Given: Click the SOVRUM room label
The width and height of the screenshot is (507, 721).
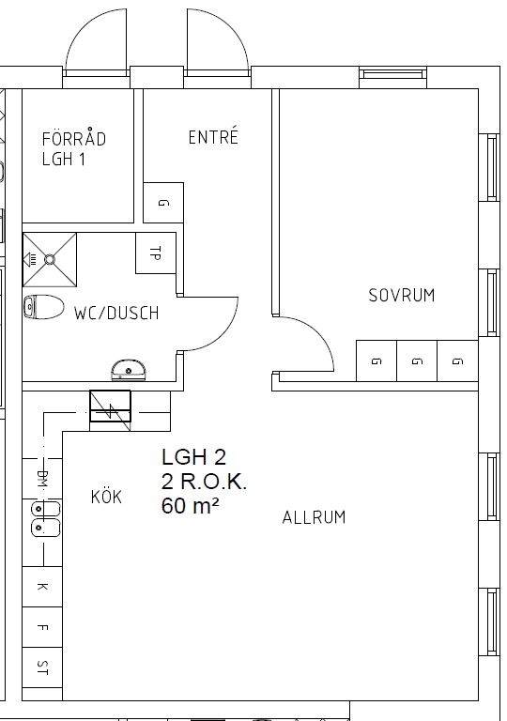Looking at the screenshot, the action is click(x=402, y=295).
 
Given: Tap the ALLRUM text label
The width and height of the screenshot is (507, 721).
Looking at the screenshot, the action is click(x=314, y=517).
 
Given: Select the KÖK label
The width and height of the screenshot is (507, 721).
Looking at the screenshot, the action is click(x=106, y=496).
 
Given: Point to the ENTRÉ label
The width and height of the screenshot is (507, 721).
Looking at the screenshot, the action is click(x=213, y=136).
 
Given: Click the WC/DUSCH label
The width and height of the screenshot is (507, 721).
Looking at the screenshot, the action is click(x=116, y=314).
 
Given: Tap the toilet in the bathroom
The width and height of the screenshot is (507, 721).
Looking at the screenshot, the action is click(x=44, y=307).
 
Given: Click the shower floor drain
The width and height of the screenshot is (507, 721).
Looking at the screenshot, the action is click(x=49, y=260).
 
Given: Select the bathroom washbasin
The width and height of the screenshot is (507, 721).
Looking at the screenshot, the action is click(x=129, y=370).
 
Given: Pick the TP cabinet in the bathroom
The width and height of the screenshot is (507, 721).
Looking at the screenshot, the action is click(x=156, y=253).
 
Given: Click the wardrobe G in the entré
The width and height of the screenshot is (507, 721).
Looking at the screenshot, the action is click(x=163, y=203).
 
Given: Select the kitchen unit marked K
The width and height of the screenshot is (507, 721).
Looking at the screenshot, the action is click(x=42, y=587).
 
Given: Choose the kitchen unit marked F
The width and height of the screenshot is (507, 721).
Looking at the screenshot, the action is click(x=42, y=627).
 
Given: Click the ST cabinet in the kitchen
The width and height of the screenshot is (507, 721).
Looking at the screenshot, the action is click(x=42, y=667).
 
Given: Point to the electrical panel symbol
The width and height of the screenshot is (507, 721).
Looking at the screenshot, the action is click(x=110, y=406).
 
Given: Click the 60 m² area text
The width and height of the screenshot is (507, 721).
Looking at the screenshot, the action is click(x=190, y=506).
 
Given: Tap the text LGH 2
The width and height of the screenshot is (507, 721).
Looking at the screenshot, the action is click(x=193, y=456).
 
